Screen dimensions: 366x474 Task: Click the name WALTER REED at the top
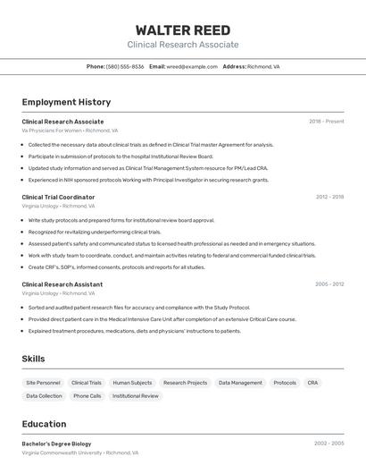[183, 30]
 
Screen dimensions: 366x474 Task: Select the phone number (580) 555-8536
[125, 66]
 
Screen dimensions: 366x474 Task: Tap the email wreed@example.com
[192, 66]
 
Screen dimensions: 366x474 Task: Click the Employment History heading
[66, 102]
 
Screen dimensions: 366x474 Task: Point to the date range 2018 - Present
[326, 121]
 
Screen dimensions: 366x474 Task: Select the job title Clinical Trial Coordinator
[58, 197]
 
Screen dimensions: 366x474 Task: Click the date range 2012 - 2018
[329, 197]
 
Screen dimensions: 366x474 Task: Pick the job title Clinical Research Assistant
[62, 284]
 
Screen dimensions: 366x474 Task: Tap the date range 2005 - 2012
[329, 284]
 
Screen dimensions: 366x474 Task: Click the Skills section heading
[34, 359]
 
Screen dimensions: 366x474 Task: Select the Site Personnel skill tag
[44, 383]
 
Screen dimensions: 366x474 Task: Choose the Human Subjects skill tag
[132, 383]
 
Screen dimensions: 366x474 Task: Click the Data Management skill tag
[240, 383]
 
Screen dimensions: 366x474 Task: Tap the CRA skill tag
[312, 383]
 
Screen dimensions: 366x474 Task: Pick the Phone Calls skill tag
[87, 395]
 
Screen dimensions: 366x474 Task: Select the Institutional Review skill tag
[136, 395]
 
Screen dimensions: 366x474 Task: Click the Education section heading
[44, 424]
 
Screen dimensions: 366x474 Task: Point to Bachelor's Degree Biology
[56, 444]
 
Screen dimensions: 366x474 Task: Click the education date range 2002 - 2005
[329, 444]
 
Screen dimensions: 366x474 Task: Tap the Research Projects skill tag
[185, 383]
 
